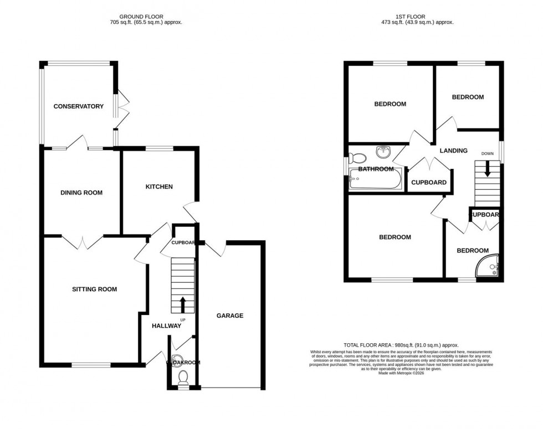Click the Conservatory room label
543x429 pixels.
78,106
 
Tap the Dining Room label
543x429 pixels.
81,193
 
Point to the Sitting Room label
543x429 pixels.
94,289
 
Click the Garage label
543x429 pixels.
229,316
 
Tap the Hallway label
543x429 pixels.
166,326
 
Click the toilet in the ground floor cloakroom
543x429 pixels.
183,378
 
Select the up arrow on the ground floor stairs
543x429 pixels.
183,304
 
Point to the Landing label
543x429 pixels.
453,151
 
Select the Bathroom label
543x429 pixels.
376,169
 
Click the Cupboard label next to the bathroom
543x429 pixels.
428,183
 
